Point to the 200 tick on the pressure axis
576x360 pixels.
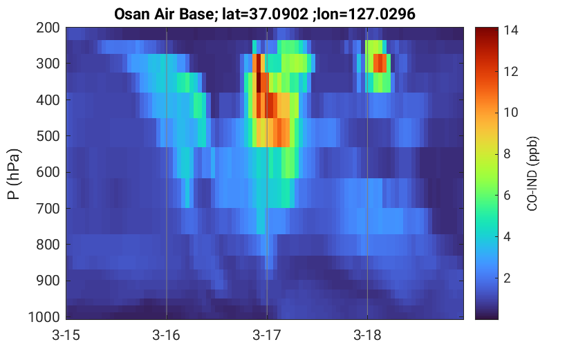coord(48,28)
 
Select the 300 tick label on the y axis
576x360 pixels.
coord(48,64)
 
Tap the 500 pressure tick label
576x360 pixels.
coord(48,136)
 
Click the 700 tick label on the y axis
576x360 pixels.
coord(48,209)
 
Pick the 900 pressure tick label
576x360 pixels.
coord(48,281)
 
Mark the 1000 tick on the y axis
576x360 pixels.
coord(44,316)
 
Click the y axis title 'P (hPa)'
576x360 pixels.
coord(14,174)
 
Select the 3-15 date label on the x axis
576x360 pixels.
coord(66,335)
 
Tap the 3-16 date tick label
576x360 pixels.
coord(167,335)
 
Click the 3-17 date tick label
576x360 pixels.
coord(267,335)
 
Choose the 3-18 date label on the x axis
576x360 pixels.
coord(367,335)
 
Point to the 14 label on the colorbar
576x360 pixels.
coord(510,30)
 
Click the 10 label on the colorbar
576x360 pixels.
coord(510,113)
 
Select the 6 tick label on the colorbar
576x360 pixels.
coord(507,196)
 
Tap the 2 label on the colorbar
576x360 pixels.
coord(507,278)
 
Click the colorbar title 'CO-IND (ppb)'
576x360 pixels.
coord(532,174)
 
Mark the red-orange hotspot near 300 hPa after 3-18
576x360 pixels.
coord(380,63)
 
